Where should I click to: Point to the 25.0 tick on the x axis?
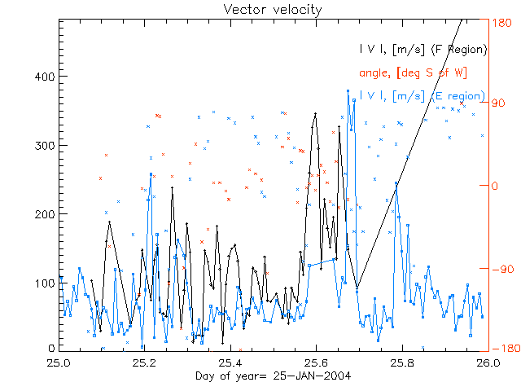point(59,362)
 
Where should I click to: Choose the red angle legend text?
point(413,73)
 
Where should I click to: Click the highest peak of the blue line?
point(348,90)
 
